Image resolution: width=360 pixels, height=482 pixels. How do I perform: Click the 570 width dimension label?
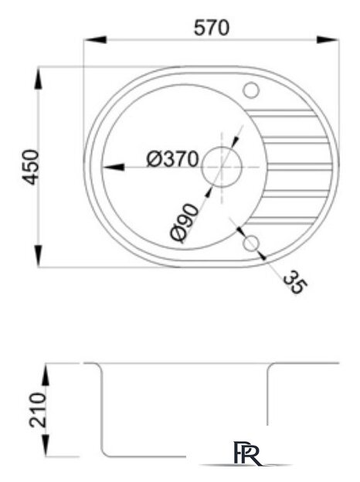tap(211, 28)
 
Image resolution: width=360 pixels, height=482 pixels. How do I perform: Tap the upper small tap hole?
tap(251, 90)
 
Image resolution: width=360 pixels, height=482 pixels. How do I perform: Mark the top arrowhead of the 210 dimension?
tap(47, 369)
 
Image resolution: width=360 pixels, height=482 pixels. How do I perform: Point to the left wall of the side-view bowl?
tap(101, 409)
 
